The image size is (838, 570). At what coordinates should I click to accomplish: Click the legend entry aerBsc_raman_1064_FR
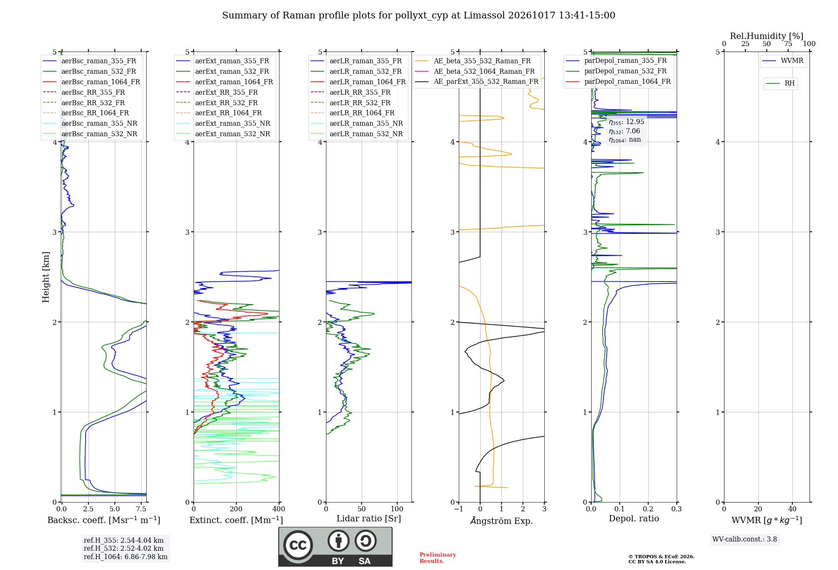click(x=91, y=82)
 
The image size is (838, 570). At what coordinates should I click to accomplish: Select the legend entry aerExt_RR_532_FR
click(x=217, y=103)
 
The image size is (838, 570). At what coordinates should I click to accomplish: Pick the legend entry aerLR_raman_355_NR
click(x=357, y=123)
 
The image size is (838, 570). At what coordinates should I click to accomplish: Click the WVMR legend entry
click(x=783, y=61)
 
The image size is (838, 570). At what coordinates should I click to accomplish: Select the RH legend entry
click(x=780, y=83)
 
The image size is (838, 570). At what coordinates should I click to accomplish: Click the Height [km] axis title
click(x=46, y=277)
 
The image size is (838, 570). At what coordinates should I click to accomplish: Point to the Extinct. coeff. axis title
click(x=236, y=520)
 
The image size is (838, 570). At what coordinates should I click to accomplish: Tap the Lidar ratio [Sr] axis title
click(x=369, y=518)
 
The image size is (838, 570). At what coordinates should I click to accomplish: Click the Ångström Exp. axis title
click(x=502, y=521)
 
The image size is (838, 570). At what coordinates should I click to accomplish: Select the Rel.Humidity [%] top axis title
click(x=767, y=36)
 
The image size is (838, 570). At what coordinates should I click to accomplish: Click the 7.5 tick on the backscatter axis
click(x=141, y=509)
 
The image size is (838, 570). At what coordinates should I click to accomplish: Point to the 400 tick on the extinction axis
click(x=279, y=509)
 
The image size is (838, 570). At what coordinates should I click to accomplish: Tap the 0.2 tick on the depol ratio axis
click(x=648, y=509)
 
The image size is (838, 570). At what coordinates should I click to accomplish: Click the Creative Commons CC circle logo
click(x=298, y=545)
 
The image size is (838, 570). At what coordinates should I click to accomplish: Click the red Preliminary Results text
click(x=438, y=558)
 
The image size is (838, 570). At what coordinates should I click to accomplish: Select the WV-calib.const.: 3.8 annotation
click(x=745, y=539)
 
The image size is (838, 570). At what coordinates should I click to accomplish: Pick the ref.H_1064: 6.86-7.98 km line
click(x=126, y=557)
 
